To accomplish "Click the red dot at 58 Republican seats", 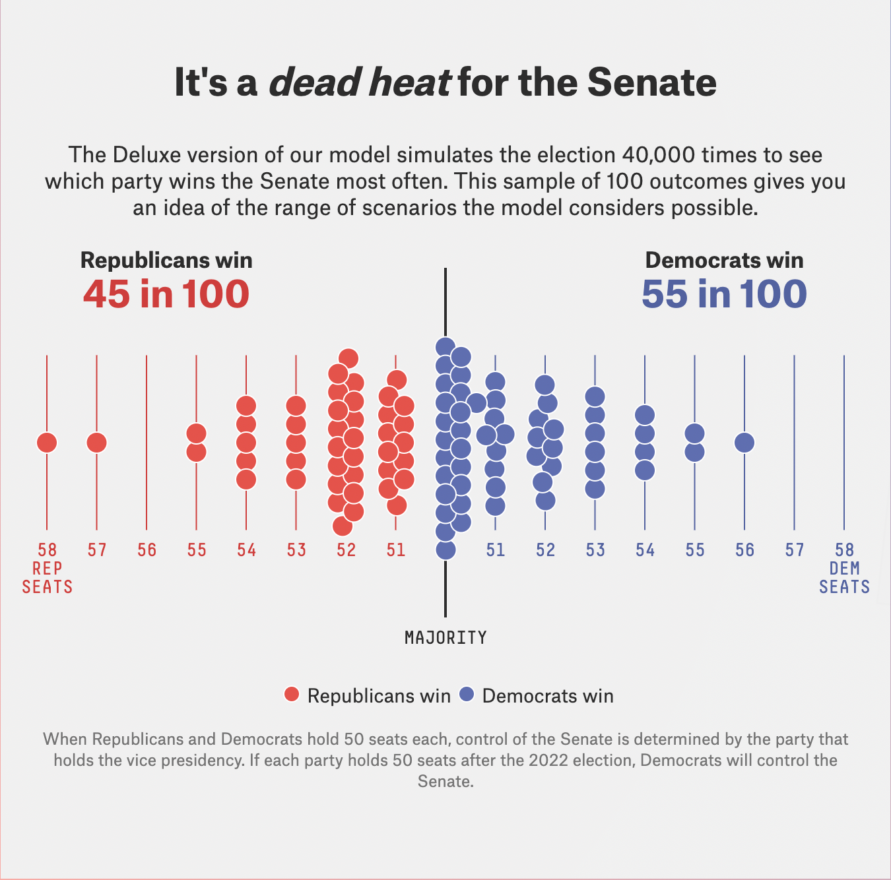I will (47, 443).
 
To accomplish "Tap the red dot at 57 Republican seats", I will (97, 443).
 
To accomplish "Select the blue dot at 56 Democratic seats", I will (744, 443).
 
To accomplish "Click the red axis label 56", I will (147, 550).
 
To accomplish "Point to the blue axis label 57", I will (795, 550).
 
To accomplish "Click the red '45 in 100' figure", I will (166, 294).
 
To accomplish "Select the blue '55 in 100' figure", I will (724, 294).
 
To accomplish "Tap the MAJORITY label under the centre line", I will (445, 638).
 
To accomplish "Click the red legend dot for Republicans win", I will (292, 695).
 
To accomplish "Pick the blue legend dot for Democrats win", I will (467, 695).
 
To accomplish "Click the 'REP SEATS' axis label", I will (47, 578).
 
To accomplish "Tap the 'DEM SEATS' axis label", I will (844, 578).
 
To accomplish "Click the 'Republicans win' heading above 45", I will (166, 261).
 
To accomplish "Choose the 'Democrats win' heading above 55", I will (724, 261).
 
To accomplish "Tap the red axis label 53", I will (296, 550).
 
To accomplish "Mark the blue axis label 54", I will (645, 550).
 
